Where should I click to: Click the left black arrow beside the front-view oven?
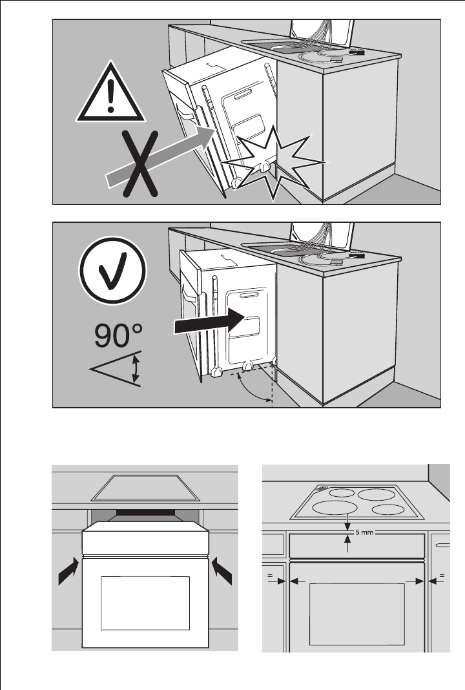coord(69,572)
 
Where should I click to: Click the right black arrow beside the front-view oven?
coord(221,572)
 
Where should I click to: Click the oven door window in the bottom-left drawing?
coord(145,602)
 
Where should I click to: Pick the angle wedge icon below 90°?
coord(116,370)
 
